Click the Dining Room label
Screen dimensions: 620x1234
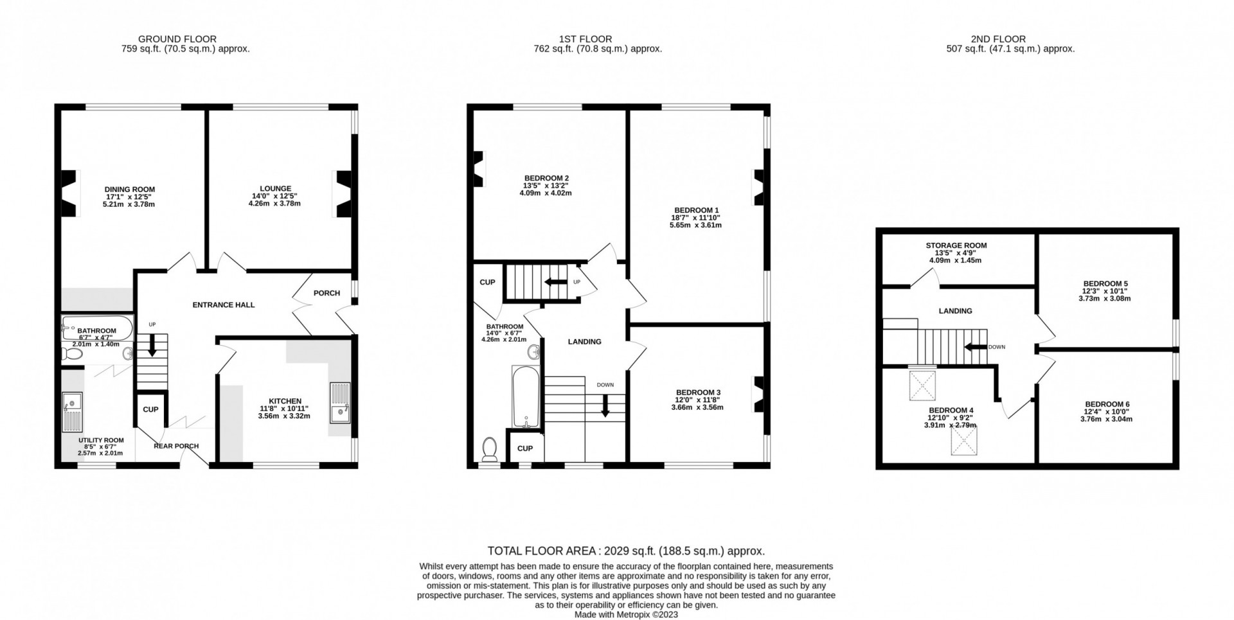tap(130, 190)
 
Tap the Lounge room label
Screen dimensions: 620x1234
tap(275, 189)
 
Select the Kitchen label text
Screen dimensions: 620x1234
tap(285, 401)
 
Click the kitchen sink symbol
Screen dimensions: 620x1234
tap(339, 403)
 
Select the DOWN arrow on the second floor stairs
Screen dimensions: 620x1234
tap(973, 348)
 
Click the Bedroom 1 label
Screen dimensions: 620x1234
tap(696, 210)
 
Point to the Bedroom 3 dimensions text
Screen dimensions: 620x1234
tap(697, 403)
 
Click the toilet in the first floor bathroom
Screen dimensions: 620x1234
tap(490, 448)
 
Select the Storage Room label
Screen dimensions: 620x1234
tap(956, 245)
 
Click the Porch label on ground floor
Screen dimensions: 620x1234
tap(326, 293)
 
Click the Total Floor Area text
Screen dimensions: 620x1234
tap(625, 551)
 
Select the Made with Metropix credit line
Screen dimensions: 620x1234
tap(626, 614)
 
